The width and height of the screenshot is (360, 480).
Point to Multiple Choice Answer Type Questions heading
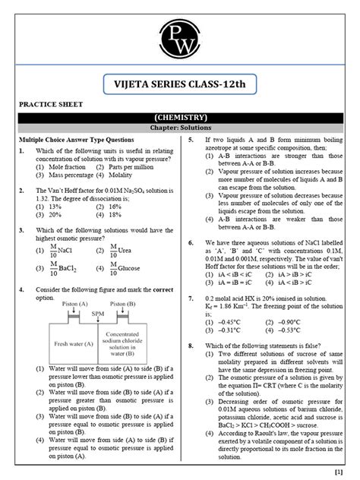[77, 140]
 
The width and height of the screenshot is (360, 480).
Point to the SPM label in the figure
[97, 312]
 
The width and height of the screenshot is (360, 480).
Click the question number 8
[190, 344]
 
